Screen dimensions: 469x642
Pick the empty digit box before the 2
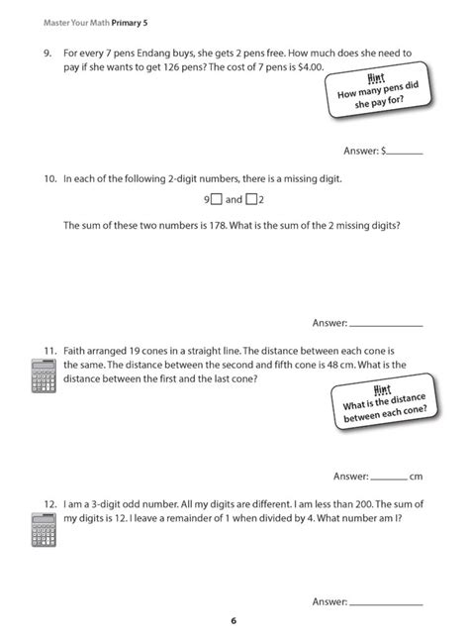tap(251, 200)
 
